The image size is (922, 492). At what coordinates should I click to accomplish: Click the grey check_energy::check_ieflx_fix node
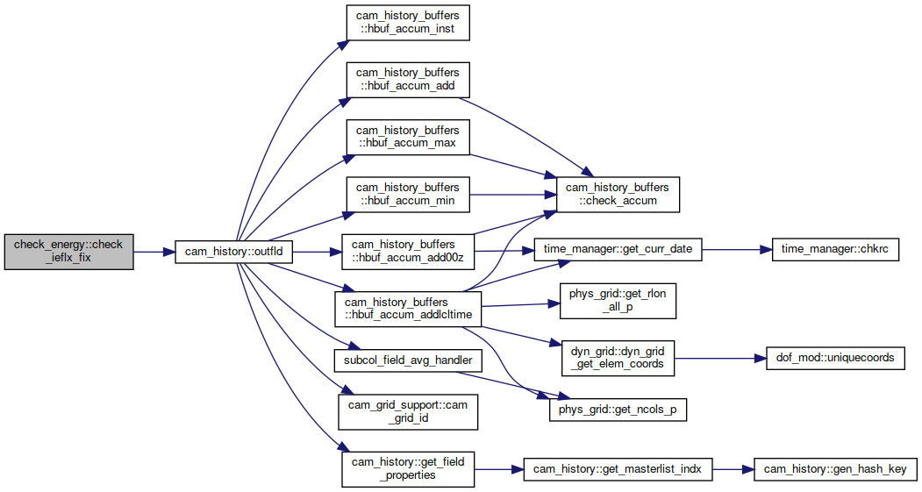[68, 253]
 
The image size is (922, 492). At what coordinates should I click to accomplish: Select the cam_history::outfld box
[233, 252]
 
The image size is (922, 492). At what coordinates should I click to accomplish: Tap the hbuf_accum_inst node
[408, 23]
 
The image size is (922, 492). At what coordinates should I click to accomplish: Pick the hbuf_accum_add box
[408, 80]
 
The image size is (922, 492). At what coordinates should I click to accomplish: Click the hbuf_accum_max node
[408, 137]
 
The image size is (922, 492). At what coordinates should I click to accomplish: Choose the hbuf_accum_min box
[408, 195]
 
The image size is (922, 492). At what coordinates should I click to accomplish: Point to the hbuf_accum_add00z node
[408, 252]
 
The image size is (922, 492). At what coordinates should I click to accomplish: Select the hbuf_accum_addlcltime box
[408, 309]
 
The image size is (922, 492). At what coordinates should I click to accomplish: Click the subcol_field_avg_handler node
[408, 360]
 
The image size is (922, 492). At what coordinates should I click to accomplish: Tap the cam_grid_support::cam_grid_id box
[408, 412]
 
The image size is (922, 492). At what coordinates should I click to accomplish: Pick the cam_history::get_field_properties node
[408, 469]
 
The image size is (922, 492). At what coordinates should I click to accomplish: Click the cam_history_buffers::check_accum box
[618, 195]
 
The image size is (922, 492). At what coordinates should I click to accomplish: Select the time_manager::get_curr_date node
[618, 249]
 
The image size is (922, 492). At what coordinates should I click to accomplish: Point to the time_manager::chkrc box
[835, 249]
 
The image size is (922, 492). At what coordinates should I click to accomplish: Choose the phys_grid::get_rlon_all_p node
[618, 301]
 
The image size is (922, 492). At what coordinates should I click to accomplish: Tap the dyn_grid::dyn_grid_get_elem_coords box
[618, 358]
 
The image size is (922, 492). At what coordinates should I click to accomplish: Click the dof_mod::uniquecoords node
[835, 358]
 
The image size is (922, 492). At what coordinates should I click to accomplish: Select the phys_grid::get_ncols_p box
[618, 410]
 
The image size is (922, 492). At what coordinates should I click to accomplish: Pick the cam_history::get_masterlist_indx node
[618, 469]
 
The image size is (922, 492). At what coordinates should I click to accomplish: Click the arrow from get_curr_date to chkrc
[737, 249]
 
